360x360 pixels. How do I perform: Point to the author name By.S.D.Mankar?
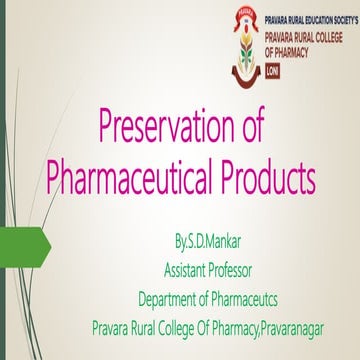(208, 245)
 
